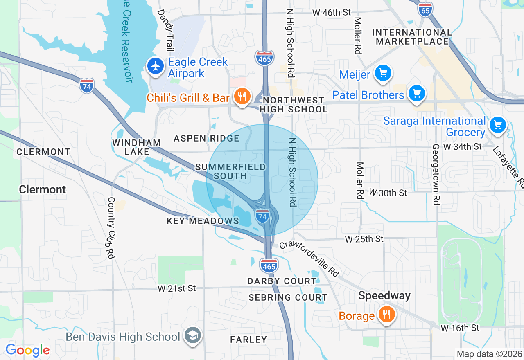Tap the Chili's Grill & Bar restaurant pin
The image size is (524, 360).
(x=242, y=97)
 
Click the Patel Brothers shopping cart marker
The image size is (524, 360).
(x=417, y=93)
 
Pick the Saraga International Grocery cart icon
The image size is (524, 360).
(x=498, y=125)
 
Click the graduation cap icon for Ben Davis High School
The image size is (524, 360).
(x=192, y=335)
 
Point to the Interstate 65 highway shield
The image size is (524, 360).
(x=425, y=9)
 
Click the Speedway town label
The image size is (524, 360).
(x=384, y=296)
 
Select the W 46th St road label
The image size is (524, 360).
(x=332, y=13)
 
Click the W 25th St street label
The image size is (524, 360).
(x=364, y=239)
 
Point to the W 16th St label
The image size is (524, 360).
(x=460, y=328)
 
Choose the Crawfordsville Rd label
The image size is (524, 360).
(x=310, y=259)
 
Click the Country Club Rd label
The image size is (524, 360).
(x=111, y=228)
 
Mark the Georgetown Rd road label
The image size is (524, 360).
(x=436, y=174)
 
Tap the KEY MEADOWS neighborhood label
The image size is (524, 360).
(x=203, y=221)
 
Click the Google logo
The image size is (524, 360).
(x=27, y=350)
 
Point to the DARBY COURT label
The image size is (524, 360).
(x=282, y=281)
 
